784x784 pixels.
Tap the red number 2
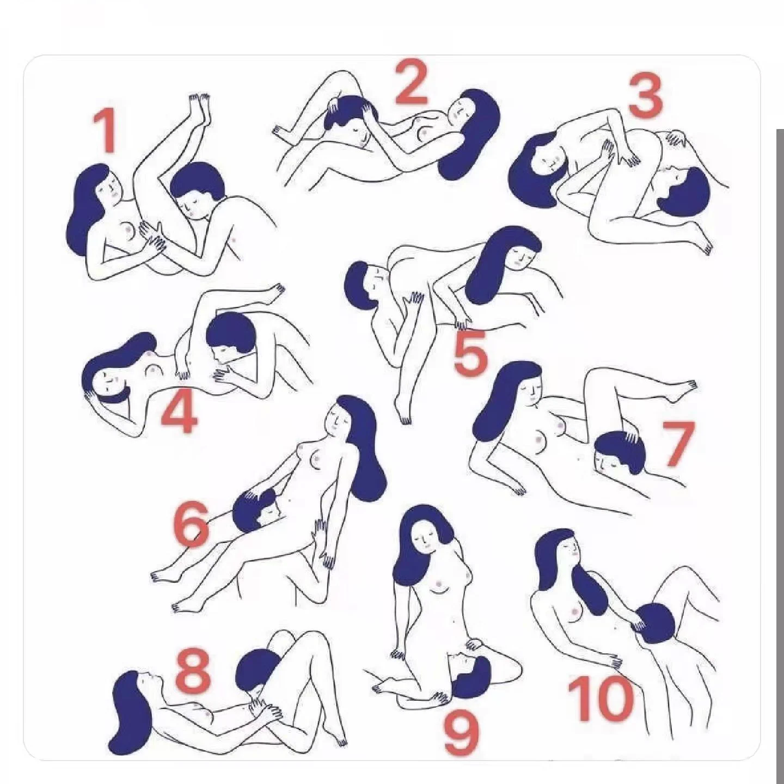point(411,82)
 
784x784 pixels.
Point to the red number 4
point(180,411)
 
